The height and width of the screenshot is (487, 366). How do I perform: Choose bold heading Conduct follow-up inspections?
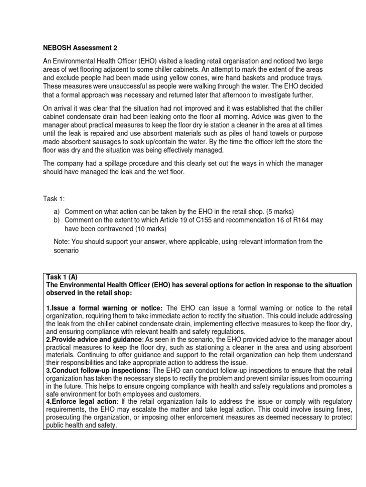pos(99,370)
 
